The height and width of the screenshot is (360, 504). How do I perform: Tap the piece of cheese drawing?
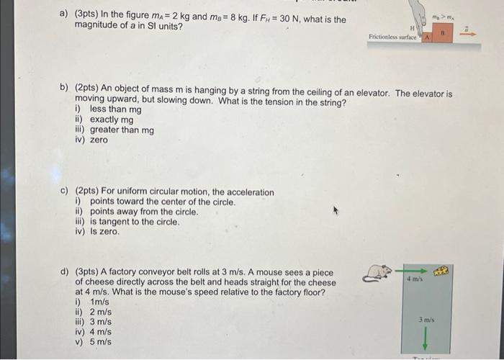[441, 271]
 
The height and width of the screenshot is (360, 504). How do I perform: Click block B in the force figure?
[443, 32]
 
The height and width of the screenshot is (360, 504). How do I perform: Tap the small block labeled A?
[427, 36]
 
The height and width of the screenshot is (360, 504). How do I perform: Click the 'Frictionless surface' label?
[393, 35]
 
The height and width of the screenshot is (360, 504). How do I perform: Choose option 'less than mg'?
[115, 109]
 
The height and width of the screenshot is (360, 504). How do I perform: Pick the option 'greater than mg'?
[122, 130]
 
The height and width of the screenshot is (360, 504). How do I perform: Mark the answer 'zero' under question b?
[99, 140]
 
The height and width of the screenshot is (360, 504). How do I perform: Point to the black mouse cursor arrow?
[334, 212]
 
